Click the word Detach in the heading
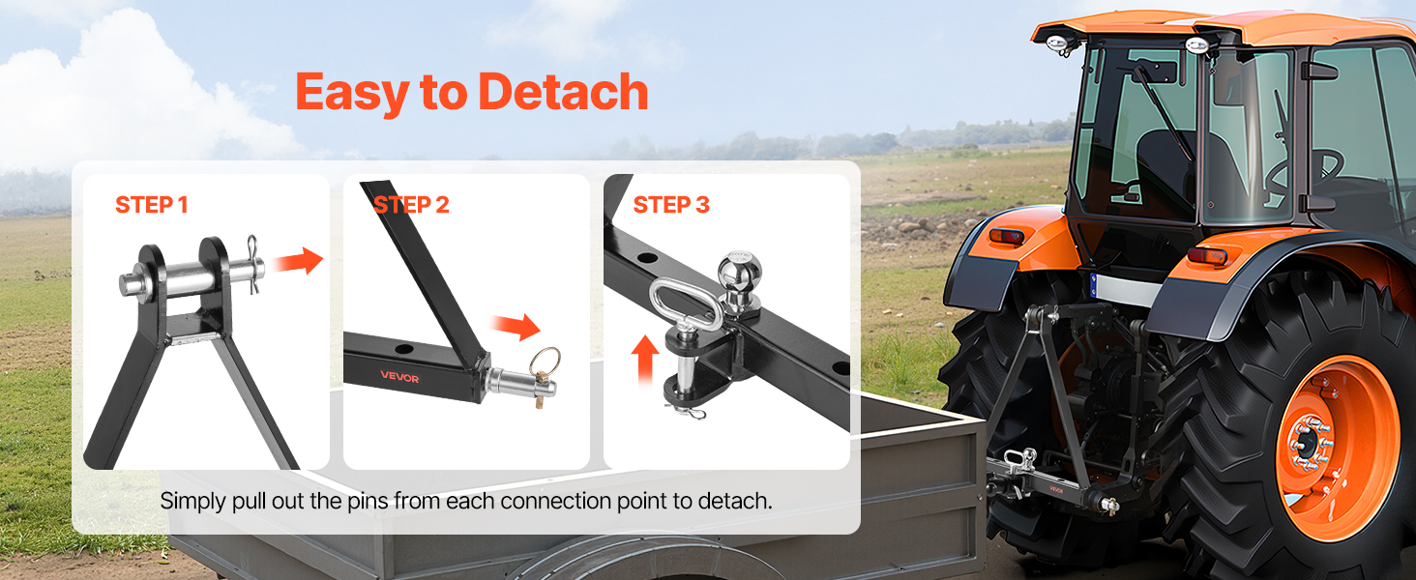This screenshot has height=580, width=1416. (x=563, y=92)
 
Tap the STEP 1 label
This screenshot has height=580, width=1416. (x=152, y=205)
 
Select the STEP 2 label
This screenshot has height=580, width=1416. (x=411, y=205)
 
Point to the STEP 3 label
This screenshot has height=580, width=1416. (x=671, y=205)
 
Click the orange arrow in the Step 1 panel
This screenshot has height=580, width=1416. (x=297, y=260)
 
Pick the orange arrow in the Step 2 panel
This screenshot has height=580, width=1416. (x=516, y=326)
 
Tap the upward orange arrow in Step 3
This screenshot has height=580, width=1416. (x=645, y=361)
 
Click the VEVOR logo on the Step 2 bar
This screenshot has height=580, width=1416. (x=399, y=377)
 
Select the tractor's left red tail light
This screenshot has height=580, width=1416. (x=1006, y=237)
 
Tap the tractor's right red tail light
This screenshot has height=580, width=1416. (x=1207, y=256)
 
